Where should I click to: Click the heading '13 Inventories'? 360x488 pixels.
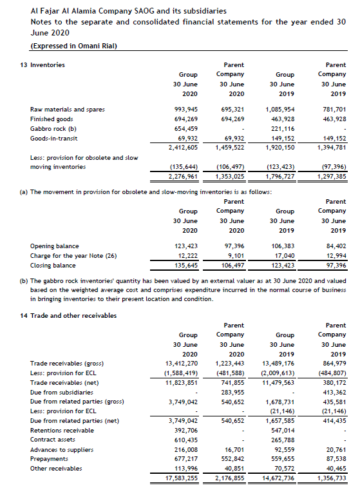(43, 65)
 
